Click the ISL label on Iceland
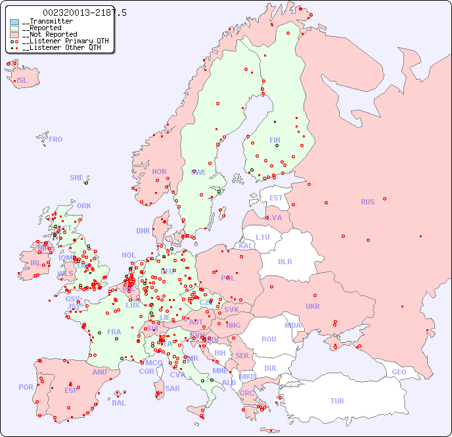click(22, 81)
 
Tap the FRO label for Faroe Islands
click(56, 139)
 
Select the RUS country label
click(367, 202)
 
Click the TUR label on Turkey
click(337, 401)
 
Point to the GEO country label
click(399, 372)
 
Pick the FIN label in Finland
click(275, 140)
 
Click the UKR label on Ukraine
click(312, 306)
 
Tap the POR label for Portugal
click(26, 387)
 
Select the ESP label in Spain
click(71, 390)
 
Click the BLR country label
click(284, 261)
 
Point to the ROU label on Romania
click(269, 339)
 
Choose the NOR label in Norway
click(159, 172)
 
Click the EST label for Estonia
click(276, 198)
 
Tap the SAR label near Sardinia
click(173, 388)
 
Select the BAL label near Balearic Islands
click(118, 403)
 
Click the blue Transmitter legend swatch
click(14, 22)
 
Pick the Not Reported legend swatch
click(14, 35)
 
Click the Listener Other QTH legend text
click(61, 47)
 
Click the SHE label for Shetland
click(77, 177)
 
